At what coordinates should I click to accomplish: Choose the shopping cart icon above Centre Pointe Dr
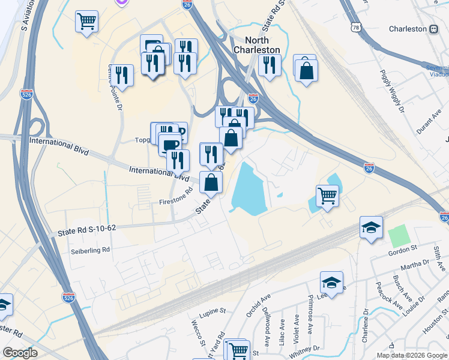pos(86,22)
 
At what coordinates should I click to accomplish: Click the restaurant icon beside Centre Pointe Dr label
pos(122,74)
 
